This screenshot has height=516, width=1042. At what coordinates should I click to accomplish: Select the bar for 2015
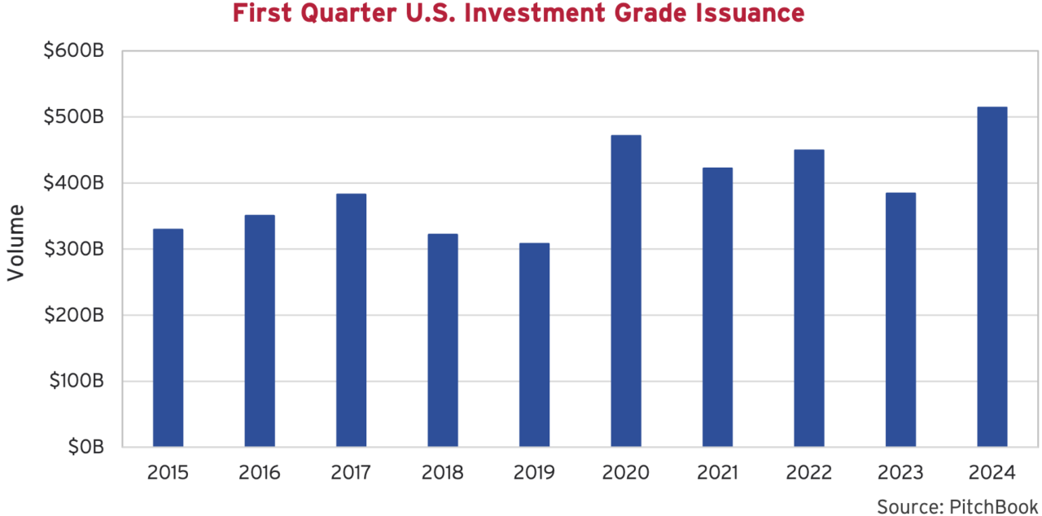coord(168,338)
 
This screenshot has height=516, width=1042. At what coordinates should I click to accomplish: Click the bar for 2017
coord(351,320)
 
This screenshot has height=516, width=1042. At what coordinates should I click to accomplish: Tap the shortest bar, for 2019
coord(534,345)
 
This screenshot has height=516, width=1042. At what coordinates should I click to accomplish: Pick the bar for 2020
coord(626,291)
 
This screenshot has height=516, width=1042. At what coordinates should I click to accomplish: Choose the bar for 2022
coord(809,298)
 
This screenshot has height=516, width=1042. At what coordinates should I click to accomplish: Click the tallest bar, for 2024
coord(992,277)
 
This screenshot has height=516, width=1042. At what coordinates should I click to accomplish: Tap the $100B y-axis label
coord(75,381)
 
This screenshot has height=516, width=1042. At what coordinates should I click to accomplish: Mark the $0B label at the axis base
coord(84,447)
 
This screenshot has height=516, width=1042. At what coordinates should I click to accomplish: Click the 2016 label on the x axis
coord(260,473)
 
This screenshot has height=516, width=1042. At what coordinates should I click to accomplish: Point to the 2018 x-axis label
coord(443,473)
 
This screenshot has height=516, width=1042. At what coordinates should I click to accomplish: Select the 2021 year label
coord(717,473)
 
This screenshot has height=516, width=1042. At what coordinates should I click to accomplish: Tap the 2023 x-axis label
coord(900,473)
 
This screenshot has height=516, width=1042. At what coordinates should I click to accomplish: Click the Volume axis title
coord(16,243)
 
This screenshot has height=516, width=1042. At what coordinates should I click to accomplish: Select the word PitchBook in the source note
coord(993,506)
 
